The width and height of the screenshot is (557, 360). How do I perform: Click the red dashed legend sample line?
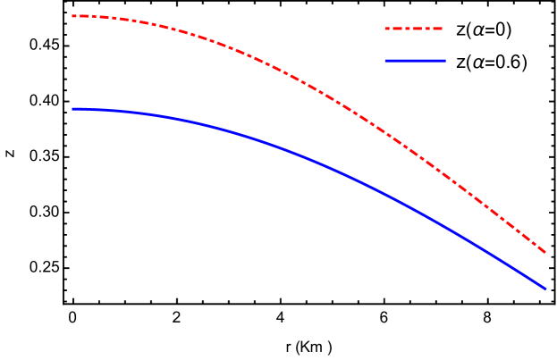tap(413, 29)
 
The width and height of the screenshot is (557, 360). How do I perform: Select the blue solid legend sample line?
tap(415, 61)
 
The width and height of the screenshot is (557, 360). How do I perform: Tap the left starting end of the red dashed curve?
tap(72, 15)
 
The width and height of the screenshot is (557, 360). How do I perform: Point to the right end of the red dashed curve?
tap(545, 252)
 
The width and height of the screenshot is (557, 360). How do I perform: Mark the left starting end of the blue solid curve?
tap(72, 108)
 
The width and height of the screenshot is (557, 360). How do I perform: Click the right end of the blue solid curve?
tap(545, 289)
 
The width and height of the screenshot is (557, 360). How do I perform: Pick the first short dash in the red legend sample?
tap(387, 29)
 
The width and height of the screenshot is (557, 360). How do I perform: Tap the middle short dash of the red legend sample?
tap(408, 29)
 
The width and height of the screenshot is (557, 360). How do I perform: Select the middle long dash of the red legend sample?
tap(417, 29)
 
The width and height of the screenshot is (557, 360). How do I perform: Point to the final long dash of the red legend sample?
tap(437, 29)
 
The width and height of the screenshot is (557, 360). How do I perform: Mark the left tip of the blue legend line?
tap(385, 61)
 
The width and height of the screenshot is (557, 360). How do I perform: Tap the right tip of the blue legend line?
tap(445, 61)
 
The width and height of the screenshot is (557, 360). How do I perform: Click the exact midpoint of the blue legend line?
tap(415, 61)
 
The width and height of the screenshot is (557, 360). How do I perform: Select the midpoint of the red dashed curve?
tap(308, 84)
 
